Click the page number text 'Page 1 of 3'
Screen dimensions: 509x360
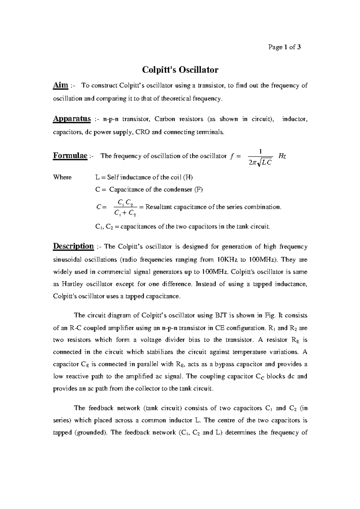click(x=285, y=47)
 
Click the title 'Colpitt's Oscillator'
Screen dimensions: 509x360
click(x=180, y=70)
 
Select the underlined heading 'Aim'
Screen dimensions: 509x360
click(x=60, y=85)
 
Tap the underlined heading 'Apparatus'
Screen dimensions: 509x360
click(x=72, y=119)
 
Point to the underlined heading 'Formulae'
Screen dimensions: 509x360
click(x=70, y=156)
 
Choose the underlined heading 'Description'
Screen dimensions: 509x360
click(x=73, y=246)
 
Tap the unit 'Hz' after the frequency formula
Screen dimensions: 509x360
click(x=282, y=156)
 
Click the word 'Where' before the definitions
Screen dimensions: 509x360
click(x=62, y=177)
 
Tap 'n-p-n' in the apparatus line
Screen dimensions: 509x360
click(x=111, y=119)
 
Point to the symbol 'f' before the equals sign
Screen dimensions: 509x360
click(x=231, y=156)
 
